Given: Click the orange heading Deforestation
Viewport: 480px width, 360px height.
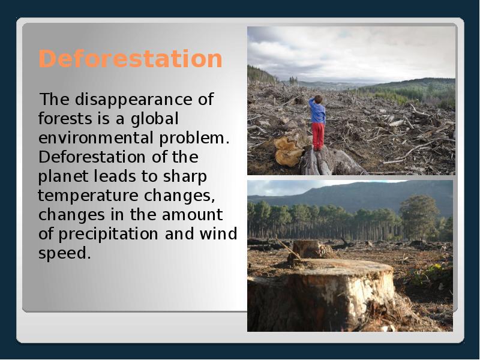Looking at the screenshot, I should [x=130, y=59].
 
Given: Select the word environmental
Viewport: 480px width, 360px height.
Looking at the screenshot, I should [x=97, y=137].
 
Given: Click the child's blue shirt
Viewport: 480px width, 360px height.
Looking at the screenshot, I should [x=318, y=113].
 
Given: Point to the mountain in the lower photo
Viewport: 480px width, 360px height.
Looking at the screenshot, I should [x=360, y=193].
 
